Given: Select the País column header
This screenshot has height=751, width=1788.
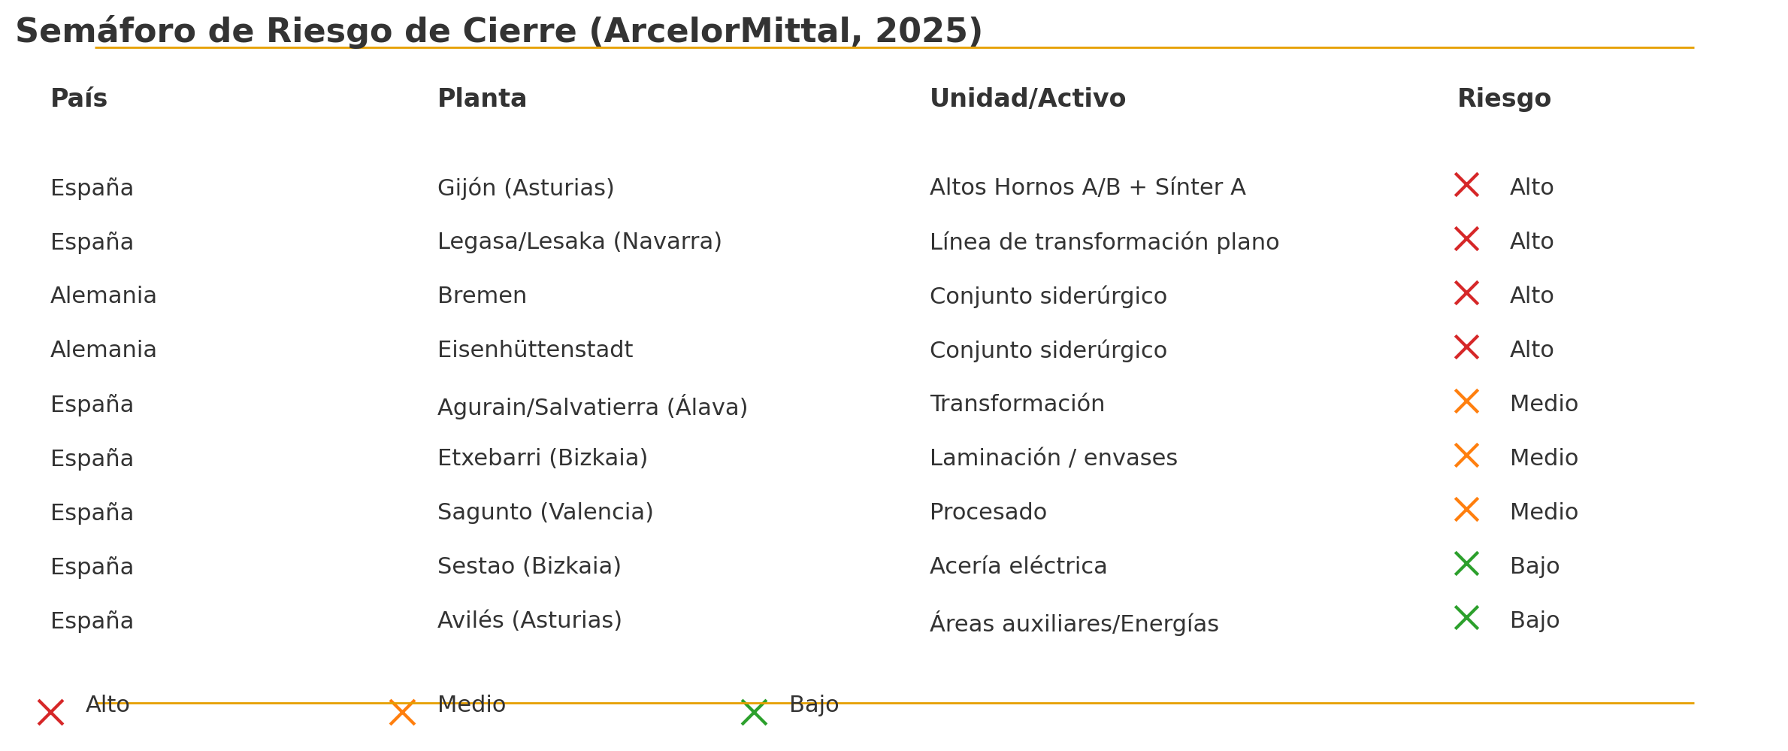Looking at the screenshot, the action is [x=79, y=98].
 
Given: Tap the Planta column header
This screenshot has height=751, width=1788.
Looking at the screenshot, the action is [x=482, y=98].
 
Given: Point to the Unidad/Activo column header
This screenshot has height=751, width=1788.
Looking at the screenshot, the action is [x=1027, y=98].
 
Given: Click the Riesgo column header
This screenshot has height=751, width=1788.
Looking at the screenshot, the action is [x=1504, y=99].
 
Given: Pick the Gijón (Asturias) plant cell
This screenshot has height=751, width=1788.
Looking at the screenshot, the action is [x=525, y=188].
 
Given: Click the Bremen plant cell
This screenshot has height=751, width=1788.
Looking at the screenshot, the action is [x=482, y=295].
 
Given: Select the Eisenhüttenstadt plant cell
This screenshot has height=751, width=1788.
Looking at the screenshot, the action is [x=535, y=350].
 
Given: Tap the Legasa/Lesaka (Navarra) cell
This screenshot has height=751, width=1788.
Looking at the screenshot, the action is [x=579, y=242].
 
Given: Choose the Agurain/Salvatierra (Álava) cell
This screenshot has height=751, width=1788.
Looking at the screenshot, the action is [x=592, y=407].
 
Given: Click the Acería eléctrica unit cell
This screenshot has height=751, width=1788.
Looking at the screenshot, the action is [x=1018, y=566].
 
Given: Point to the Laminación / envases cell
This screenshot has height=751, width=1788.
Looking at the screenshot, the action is [x=1054, y=458].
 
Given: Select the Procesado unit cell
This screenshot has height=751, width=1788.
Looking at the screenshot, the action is [x=988, y=512].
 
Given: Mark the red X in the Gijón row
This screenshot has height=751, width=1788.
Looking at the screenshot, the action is [x=1466, y=185].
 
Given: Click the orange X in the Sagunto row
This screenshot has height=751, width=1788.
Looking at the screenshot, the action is [x=1466, y=510].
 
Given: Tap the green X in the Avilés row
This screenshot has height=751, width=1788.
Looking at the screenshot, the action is [x=1466, y=618].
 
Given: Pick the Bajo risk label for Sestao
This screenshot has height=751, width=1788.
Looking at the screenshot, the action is [x=1535, y=566].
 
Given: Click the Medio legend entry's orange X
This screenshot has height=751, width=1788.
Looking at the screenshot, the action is [x=402, y=713].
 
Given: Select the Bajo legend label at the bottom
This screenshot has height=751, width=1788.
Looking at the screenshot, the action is [x=814, y=705].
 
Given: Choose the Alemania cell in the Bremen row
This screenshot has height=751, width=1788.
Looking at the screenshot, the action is [x=104, y=295].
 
